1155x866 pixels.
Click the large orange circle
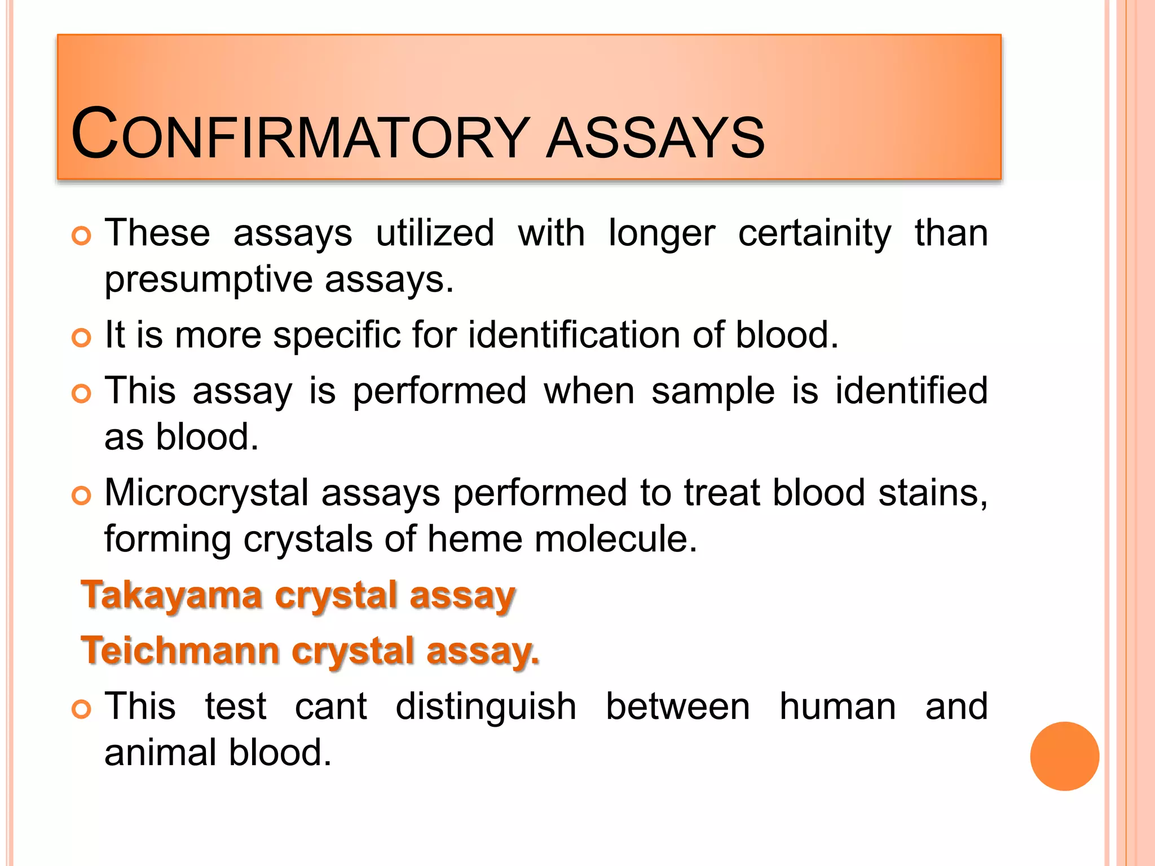[1064, 756]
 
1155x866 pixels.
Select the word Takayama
[172, 595]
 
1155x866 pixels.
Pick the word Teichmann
[180, 651]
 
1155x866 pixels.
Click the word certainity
[814, 233]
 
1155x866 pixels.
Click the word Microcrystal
[206, 493]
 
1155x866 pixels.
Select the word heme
[474, 539]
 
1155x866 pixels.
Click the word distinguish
[486, 707]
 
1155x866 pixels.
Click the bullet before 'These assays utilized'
[82, 236]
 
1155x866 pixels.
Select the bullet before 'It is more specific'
[82, 338]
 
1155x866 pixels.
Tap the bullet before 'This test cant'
[82, 709]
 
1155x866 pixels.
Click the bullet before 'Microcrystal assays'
[82, 496]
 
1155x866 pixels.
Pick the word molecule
[615, 539]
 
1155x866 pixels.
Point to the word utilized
[435, 233]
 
